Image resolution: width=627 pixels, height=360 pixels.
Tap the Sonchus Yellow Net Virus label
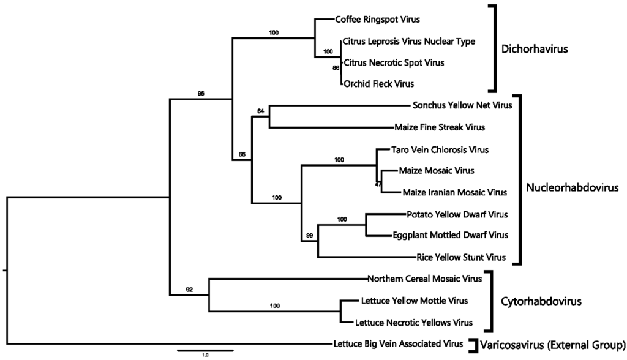462,105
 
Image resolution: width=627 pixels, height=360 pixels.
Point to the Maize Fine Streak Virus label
440,127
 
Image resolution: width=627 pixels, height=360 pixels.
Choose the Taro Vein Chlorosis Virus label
434,149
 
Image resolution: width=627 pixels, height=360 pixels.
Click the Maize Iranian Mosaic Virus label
455,192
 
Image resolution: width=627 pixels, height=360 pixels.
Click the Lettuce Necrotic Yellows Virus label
414,322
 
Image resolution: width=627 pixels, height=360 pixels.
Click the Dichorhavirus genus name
535,49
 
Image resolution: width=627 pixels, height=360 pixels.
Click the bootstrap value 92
189,289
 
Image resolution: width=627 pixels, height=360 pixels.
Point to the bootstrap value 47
378,183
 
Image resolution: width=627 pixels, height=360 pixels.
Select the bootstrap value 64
260,111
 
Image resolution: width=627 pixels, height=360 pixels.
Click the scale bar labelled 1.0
205,351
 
